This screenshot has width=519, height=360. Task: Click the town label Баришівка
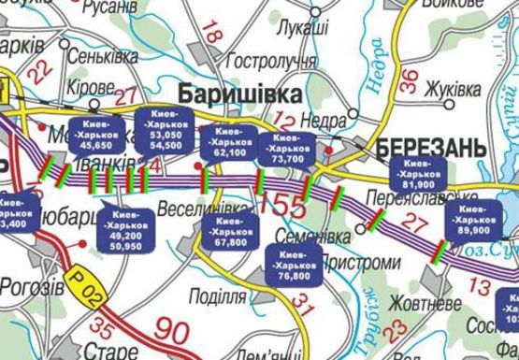tap(239, 94)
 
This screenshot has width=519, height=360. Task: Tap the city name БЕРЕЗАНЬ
tap(431, 147)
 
